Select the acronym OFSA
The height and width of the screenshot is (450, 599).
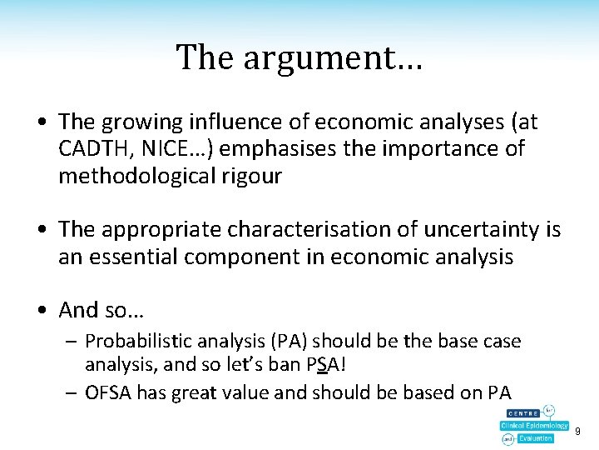[x=106, y=392]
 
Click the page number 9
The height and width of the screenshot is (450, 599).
[x=577, y=431]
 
